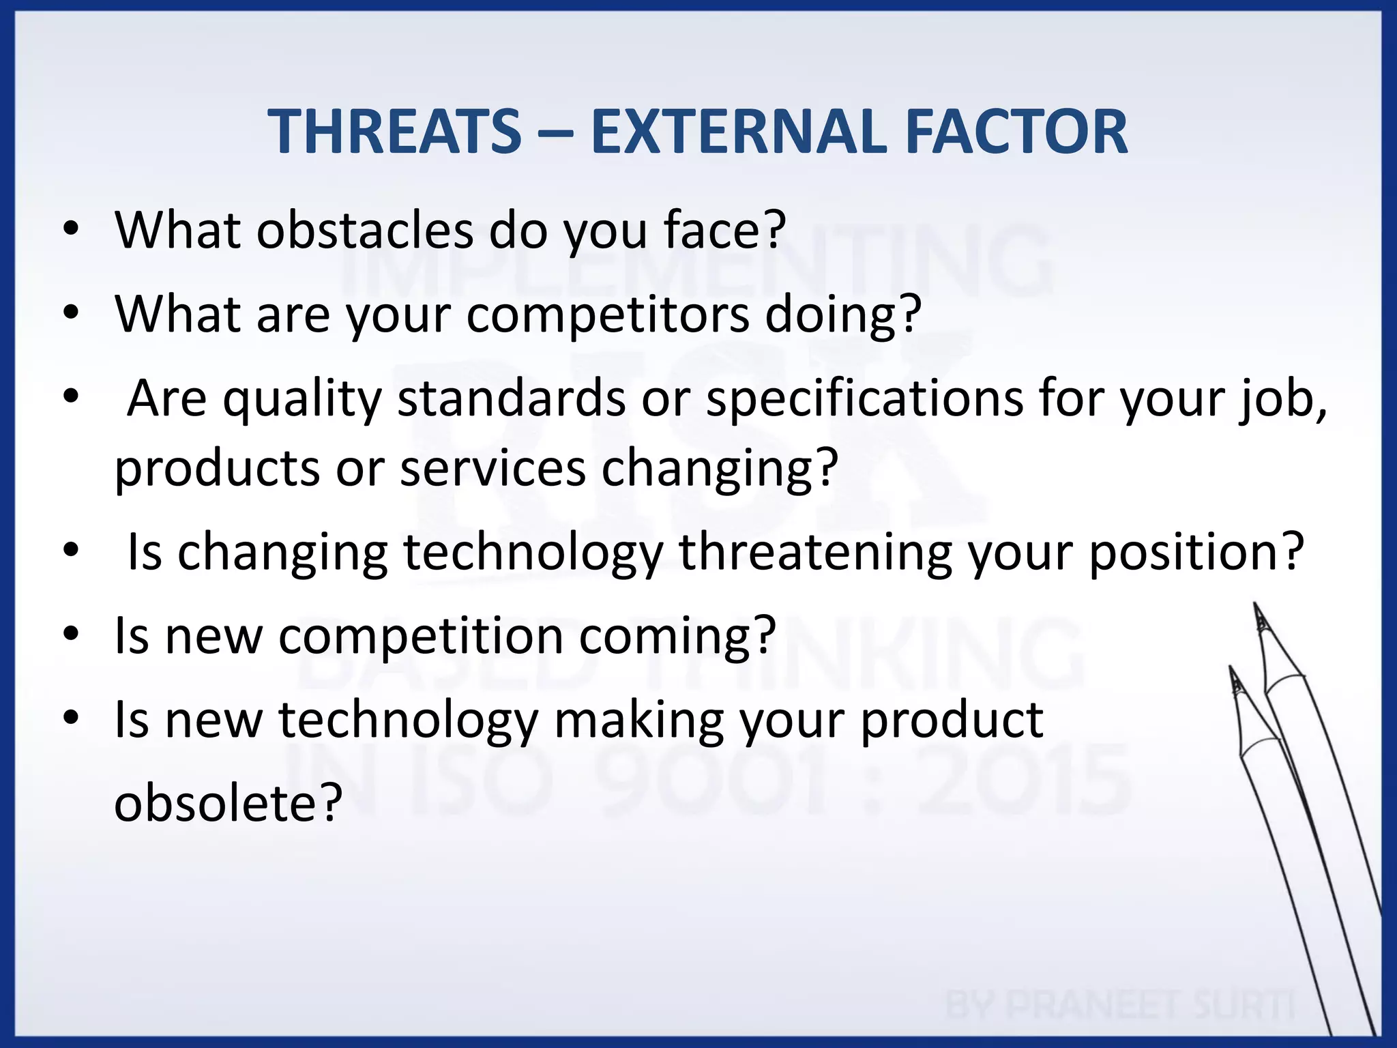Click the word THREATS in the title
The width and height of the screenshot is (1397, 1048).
coord(394,132)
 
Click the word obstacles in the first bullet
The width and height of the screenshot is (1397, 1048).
coord(365,230)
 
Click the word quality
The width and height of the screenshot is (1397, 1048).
coord(302,399)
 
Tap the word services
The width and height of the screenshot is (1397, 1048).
coord(492,469)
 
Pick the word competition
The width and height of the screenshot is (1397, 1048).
coord(420,636)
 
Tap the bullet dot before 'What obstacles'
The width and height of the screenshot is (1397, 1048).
coord(71,230)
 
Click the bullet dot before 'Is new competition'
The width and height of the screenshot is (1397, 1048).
coord(71,635)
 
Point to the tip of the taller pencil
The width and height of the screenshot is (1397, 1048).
coord(1255,606)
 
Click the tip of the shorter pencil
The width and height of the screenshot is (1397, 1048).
coord(1231,669)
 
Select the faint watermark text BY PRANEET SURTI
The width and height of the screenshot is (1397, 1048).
coord(1119,1005)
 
